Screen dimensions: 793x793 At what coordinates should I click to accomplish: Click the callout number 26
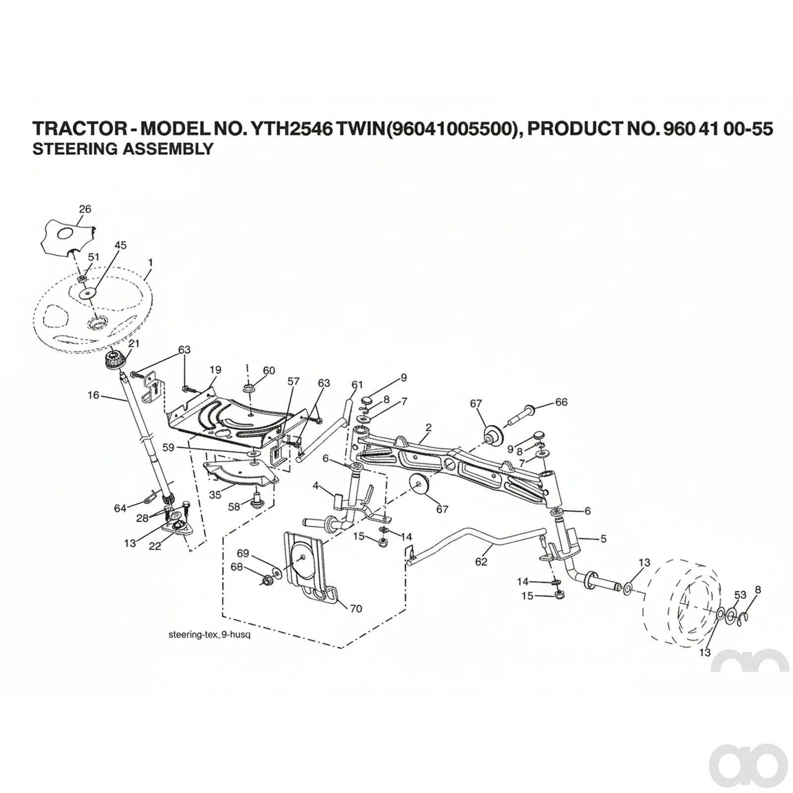coord(85,209)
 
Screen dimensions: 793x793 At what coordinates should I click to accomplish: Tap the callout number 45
coord(120,245)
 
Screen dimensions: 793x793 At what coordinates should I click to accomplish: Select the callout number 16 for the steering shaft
coord(94,395)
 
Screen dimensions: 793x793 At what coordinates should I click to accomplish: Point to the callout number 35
coord(215,495)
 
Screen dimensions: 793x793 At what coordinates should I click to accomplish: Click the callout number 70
coord(356,609)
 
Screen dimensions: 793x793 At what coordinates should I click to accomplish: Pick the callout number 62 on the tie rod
coord(481,562)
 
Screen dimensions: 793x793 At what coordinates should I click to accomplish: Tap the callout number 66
coord(562,402)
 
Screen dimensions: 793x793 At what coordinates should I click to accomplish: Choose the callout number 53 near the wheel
coord(740,595)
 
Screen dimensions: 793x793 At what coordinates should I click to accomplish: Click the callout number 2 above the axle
coord(429,427)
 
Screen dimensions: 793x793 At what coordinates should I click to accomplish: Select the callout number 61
coord(357,385)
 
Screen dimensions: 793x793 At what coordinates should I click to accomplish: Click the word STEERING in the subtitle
coord(68,149)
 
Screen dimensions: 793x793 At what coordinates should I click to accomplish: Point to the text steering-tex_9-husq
coord(209,634)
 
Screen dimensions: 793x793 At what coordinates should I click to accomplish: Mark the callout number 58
coord(234,507)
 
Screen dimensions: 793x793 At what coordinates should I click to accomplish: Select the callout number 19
coord(215,370)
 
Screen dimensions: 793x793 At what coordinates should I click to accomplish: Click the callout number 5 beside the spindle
coord(603,539)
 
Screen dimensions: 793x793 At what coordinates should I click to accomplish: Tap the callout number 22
coord(155,546)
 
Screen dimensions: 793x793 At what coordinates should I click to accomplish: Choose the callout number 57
coord(294,381)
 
